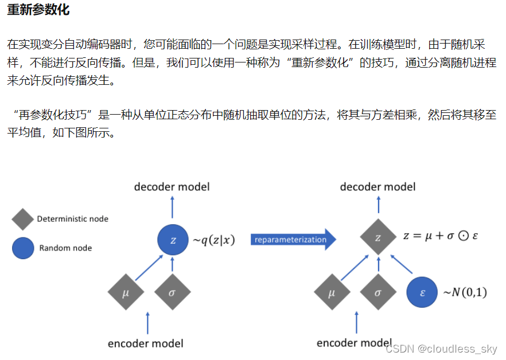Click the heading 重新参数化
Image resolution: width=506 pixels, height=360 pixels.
(38, 10)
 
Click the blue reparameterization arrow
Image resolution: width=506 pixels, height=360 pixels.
(293, 240)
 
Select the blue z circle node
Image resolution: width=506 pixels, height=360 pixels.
(173, 240)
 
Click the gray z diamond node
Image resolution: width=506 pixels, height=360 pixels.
(377, 236)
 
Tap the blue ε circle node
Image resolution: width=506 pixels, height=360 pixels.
(423, 292)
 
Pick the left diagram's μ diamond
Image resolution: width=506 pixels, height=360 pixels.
(126, 292)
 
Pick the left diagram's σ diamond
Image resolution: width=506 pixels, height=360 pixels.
(172, 292)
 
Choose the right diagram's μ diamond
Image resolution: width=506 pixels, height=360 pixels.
(332, 292)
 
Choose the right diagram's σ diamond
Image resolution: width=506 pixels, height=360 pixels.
(377, 292)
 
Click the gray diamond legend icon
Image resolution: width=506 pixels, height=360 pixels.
(23, 219)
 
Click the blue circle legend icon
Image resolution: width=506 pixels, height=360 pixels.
(23, 248)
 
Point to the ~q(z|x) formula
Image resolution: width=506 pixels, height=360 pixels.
(213, 240)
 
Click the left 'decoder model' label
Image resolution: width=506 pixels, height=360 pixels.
(172, 187)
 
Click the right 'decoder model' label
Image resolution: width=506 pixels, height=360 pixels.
(377, 187)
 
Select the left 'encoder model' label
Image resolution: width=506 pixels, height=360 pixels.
(145, 343)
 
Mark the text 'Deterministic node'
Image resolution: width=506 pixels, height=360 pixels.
(72, 219)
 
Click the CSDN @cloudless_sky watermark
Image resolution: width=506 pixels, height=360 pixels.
(441, 349)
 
